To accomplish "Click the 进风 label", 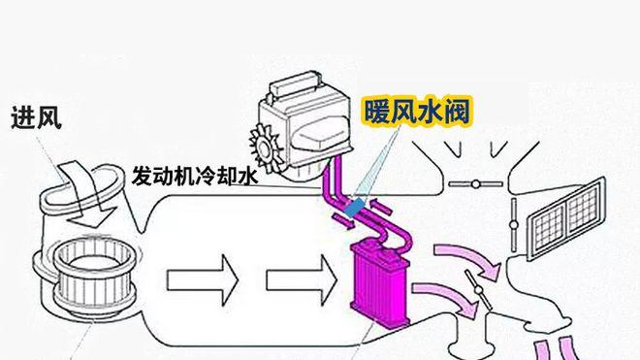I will click(36, 119).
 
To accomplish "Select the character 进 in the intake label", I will click(23, 119).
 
